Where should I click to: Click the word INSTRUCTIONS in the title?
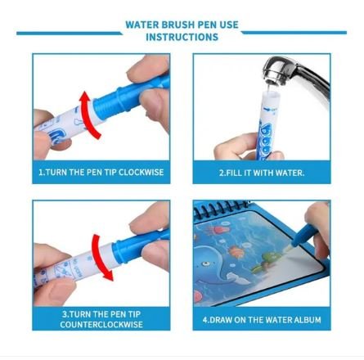[x=182, y=37]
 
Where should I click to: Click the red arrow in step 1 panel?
[x=88, y=115]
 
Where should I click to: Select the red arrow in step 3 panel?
[x=101, y=257]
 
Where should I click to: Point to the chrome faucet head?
[x=276, y=70]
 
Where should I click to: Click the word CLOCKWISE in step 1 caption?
[x=141, y=173]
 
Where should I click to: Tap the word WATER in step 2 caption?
[x=290, y=173]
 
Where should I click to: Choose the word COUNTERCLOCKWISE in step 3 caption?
[x=101, y=325]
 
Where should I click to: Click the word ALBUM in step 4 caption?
[x=308, y=320]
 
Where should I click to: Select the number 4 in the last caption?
[x=204, y=320]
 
